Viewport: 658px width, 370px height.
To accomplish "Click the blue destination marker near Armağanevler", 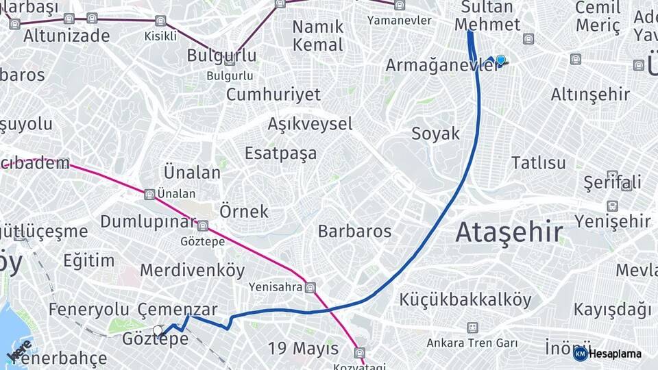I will click(501, 60).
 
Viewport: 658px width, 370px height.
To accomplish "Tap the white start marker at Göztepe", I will click(158, 331).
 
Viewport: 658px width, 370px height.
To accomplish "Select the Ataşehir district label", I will click(509, 232).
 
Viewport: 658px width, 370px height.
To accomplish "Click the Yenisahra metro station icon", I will click(310, 288).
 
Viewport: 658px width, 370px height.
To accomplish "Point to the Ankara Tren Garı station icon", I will click(472, 328).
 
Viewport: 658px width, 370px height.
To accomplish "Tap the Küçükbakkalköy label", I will click(465, 299).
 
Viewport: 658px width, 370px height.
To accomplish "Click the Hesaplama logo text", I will click(615, 354).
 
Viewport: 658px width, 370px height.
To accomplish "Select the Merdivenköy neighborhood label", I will click(192, 270).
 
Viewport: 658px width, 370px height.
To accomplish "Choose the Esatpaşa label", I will click(280, 153).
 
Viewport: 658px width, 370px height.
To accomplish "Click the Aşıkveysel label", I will click(310, 124).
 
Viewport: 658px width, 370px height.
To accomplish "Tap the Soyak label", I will click(435, 134).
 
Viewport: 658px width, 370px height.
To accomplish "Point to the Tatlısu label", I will click(539, 163).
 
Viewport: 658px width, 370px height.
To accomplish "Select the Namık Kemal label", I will click(317, 36).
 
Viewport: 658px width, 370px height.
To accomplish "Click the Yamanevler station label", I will click(400, 20).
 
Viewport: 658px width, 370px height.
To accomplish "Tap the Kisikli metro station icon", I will click(160, 21).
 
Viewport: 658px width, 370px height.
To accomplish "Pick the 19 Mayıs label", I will click(303, 348).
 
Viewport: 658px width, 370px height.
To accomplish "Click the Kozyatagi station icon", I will click(360, 353).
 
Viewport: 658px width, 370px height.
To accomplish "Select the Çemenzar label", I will click(178, 310).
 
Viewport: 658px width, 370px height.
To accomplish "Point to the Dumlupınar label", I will click(148, 221).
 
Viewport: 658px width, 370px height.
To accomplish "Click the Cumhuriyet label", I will click(273, 95).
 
